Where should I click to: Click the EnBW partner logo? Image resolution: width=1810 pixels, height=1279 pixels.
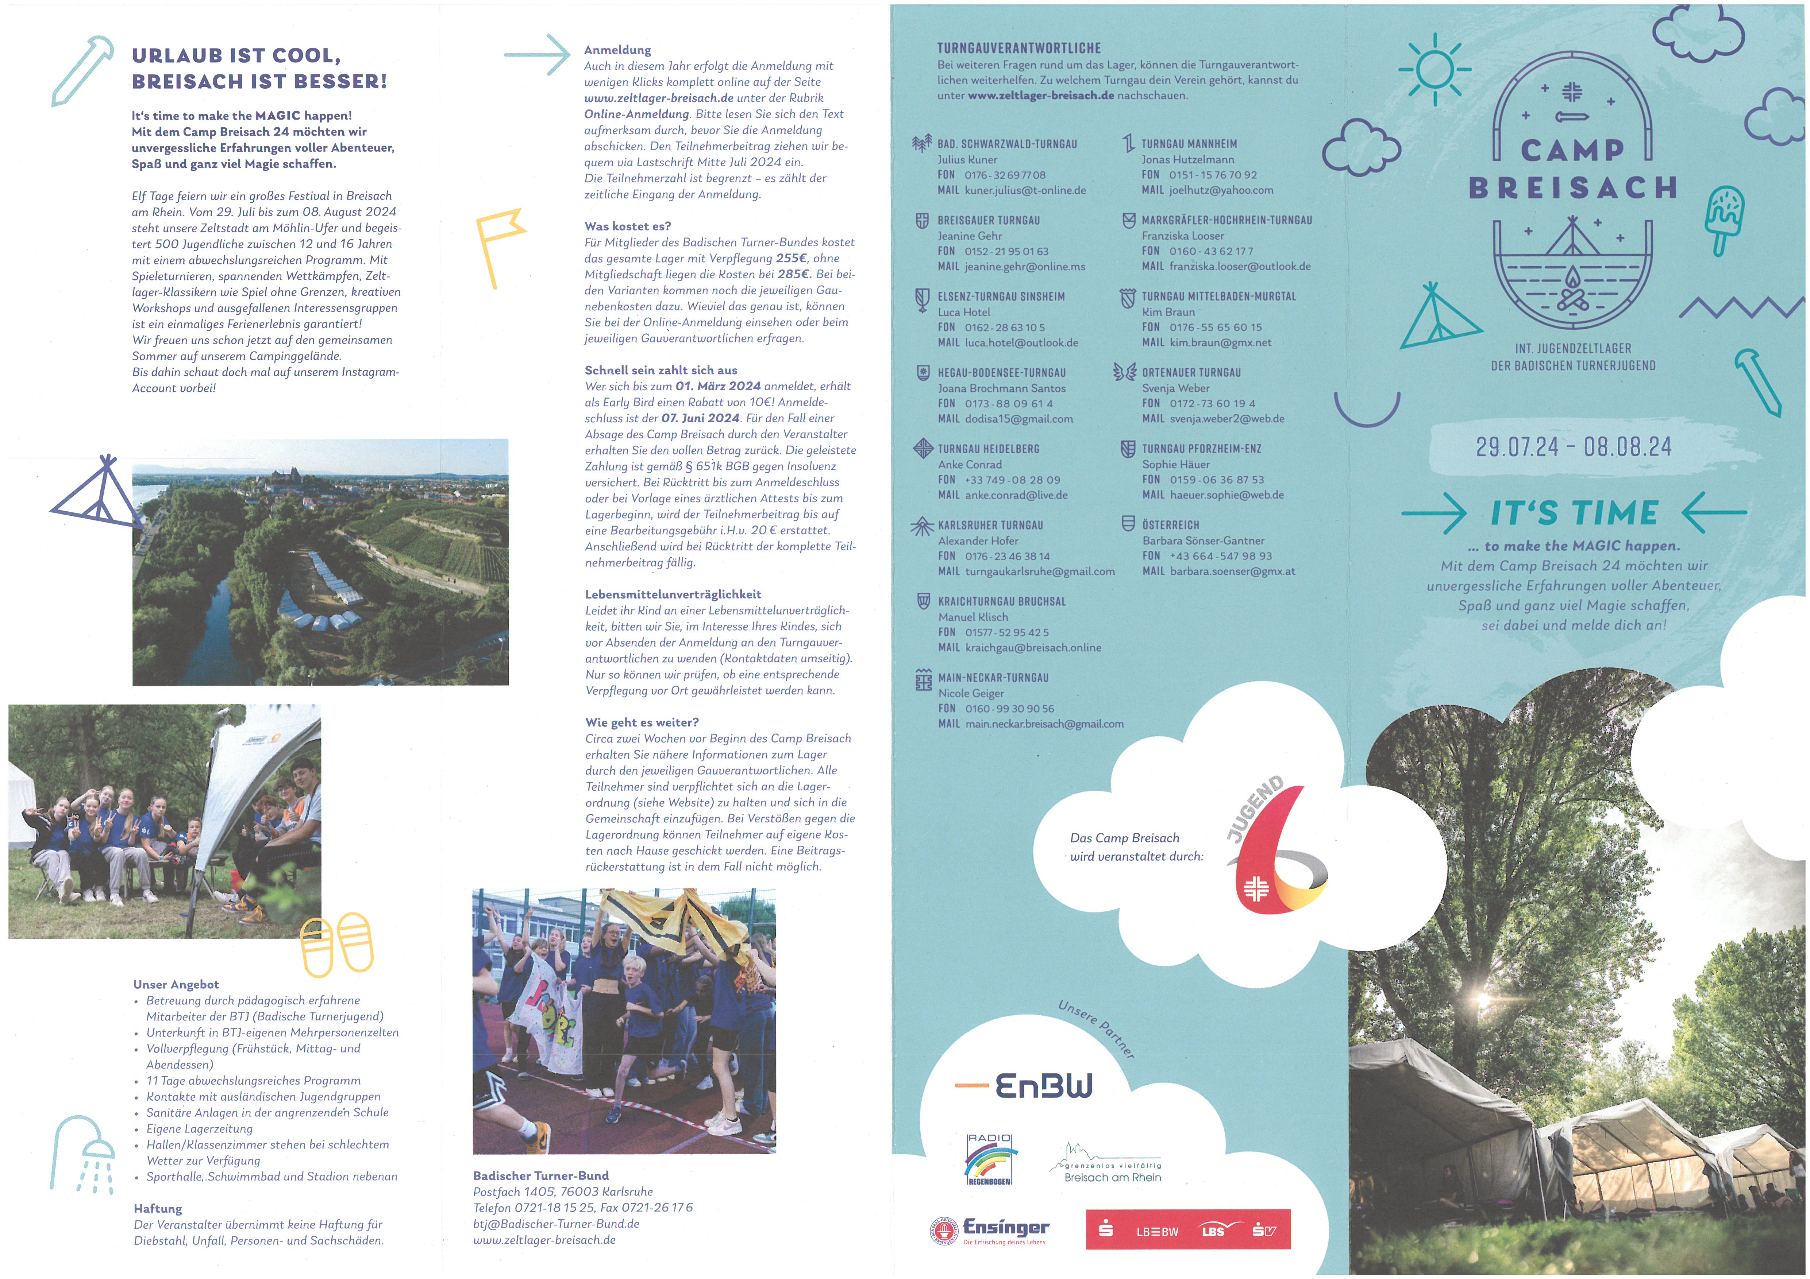[x=1025, y=1086]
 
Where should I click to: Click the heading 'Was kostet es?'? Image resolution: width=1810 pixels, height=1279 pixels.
[x=628, y=226]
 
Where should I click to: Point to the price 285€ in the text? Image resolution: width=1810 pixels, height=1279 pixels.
[x=794, y=274]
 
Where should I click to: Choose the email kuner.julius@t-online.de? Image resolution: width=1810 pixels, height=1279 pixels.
[x=1025, y=190]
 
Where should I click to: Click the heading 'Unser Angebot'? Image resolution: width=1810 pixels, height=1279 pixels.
[x=176, y=984]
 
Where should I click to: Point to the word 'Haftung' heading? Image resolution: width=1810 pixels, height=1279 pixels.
[x=158, y=1208]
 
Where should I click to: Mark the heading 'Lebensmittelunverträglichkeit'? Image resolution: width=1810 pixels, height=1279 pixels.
[x=673, y=594]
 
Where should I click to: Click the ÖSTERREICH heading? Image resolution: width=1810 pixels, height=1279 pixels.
[x=1171, y=525]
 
